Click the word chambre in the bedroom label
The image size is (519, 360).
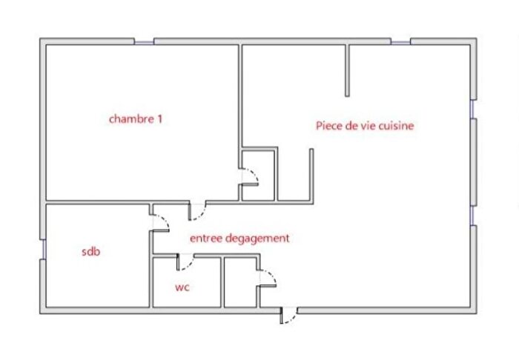tap(130, 119)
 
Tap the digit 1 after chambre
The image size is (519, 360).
tap(159, 119)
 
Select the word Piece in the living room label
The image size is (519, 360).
tap(328, 126)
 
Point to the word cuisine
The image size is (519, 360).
tap(394, 126)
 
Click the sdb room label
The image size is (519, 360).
tap(90, 252)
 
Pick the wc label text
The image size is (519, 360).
tap(182, 287)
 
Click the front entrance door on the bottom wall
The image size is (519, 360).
tap(288, 315)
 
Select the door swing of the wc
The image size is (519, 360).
tap(185, 261)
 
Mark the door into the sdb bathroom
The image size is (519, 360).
tap(159, 220)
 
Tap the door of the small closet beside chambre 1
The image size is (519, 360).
tap(251, 177)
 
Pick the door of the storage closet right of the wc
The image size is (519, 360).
tap(267, 280)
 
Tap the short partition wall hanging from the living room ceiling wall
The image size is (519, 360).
tap(346, 70)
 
